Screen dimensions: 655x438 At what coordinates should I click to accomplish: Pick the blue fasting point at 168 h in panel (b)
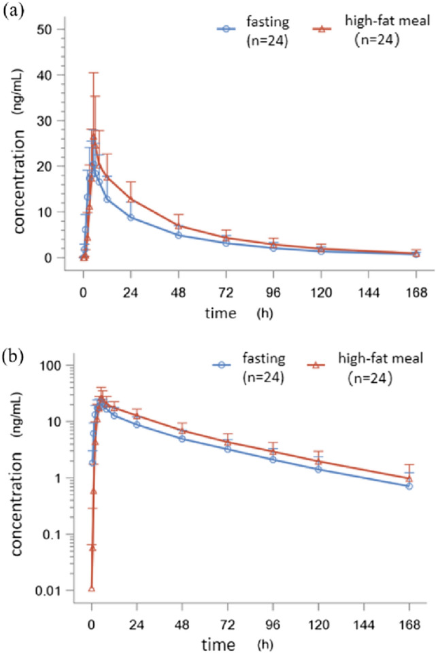click(409, 486)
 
